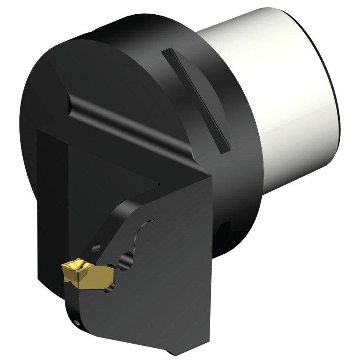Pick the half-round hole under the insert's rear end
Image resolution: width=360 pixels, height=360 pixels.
[x=112, y=286]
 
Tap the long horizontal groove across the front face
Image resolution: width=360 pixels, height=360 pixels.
[x=126, y=122]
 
